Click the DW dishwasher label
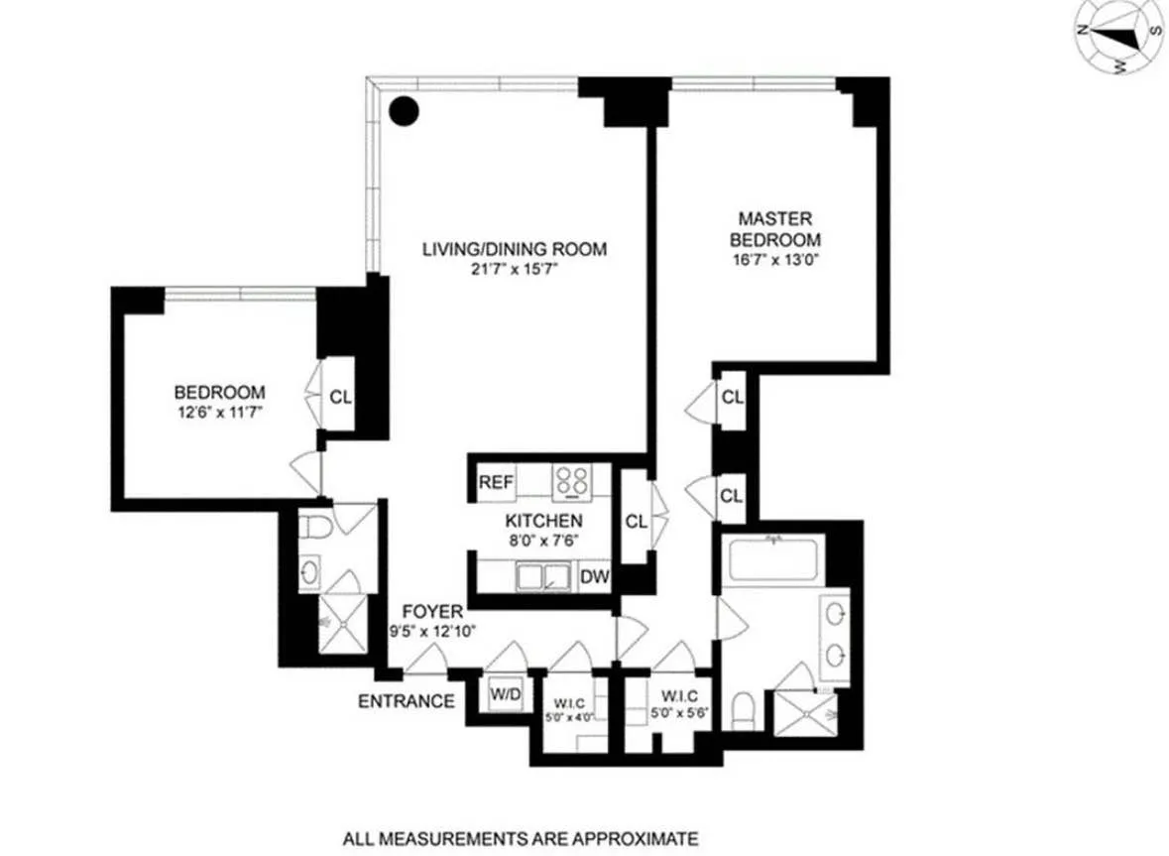coord(594,576)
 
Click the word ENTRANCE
coord(406,702)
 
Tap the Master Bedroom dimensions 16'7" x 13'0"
coord(775,261)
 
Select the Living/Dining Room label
coord(514,249)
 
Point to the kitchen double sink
coord(543,576)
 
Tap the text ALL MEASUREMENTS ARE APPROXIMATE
coord(521,838)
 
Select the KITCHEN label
coord(542,521)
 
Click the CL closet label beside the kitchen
coord(636,521)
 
